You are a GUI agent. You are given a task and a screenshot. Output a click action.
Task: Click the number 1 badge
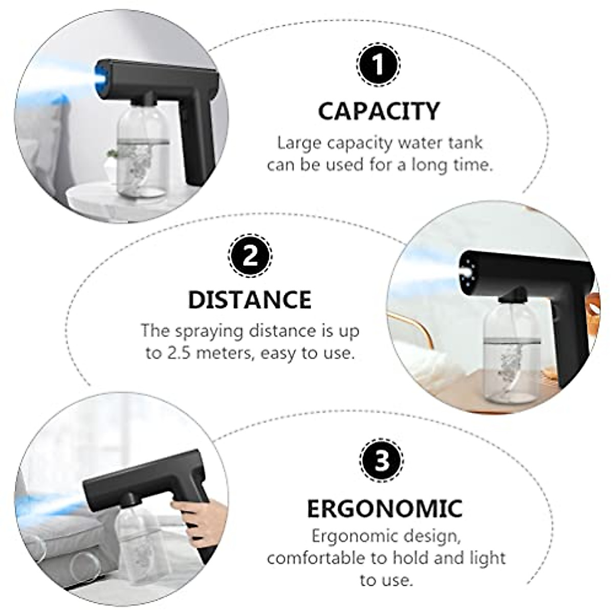(x=378, y=65)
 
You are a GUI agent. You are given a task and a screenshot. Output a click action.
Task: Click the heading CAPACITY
(x=379, y=111)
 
